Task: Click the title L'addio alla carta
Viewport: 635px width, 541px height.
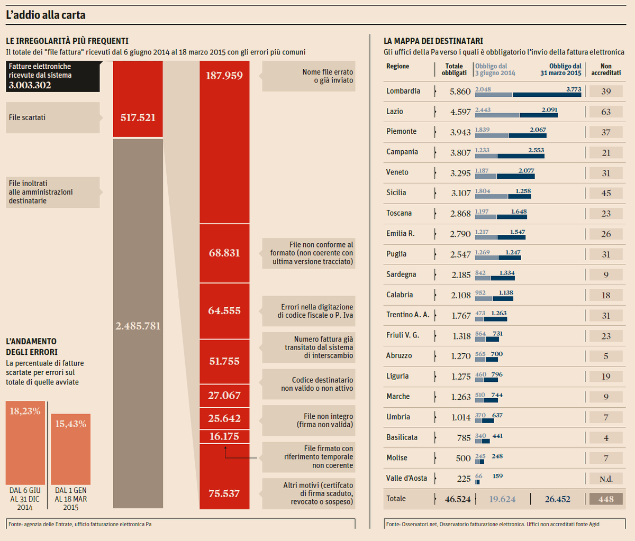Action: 46,15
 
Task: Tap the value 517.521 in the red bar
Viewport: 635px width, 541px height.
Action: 138,117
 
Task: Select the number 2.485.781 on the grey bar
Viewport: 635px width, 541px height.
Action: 138,326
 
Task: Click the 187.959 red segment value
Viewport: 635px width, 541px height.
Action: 224,76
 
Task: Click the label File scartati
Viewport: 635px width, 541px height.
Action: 28,117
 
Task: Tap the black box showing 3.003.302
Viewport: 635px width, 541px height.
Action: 53,76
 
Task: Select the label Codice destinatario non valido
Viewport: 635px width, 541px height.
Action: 316,384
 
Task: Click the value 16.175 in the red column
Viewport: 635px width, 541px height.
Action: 224,436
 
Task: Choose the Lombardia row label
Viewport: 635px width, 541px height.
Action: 403,91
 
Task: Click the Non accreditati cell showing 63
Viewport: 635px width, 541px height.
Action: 606,112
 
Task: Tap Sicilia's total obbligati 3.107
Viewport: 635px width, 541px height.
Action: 460,193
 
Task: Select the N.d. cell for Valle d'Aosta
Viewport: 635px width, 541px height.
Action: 606,479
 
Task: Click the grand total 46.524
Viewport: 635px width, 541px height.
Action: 458,499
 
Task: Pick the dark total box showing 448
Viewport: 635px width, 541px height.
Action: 606,499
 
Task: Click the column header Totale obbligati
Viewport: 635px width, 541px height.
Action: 454,69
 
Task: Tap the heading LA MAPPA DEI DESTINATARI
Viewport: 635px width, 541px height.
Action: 433,41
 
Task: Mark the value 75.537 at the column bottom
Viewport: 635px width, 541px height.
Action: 224,493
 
